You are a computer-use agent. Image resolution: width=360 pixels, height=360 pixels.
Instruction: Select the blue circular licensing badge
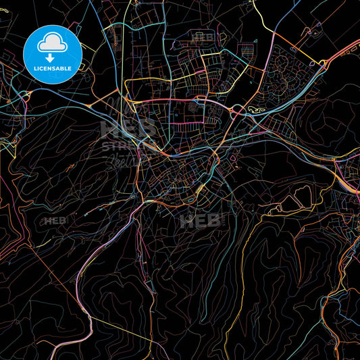tap(52, 54)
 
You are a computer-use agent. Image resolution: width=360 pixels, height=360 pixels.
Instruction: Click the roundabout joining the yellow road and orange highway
tap(323, 64)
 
